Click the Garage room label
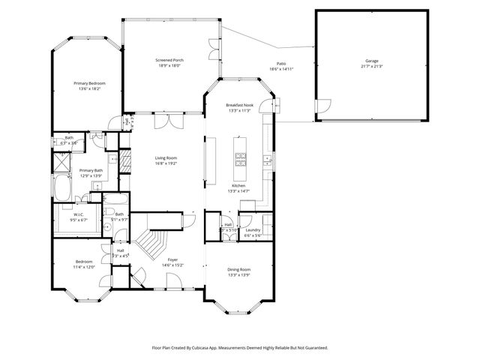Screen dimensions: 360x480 coord(371,60)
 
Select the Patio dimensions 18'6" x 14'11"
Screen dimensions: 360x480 coord(281,69)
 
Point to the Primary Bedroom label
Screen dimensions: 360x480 coord(88,82)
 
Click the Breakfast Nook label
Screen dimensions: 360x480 coord(240,106)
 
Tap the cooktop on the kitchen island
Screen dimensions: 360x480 coord(241,158)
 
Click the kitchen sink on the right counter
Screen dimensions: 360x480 coord(267,158)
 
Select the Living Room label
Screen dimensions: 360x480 coord(166,157)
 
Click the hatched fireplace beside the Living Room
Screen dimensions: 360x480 coord(126,159)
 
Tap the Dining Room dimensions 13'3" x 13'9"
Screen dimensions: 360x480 coord(239,274)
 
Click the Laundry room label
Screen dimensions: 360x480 coord(252,230)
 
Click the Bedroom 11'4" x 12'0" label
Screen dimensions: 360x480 coord(83,262)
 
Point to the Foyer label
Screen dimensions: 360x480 coord(172,259)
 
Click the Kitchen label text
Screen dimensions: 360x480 coord(238,185)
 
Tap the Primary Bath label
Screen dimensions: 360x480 coord(91,170)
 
